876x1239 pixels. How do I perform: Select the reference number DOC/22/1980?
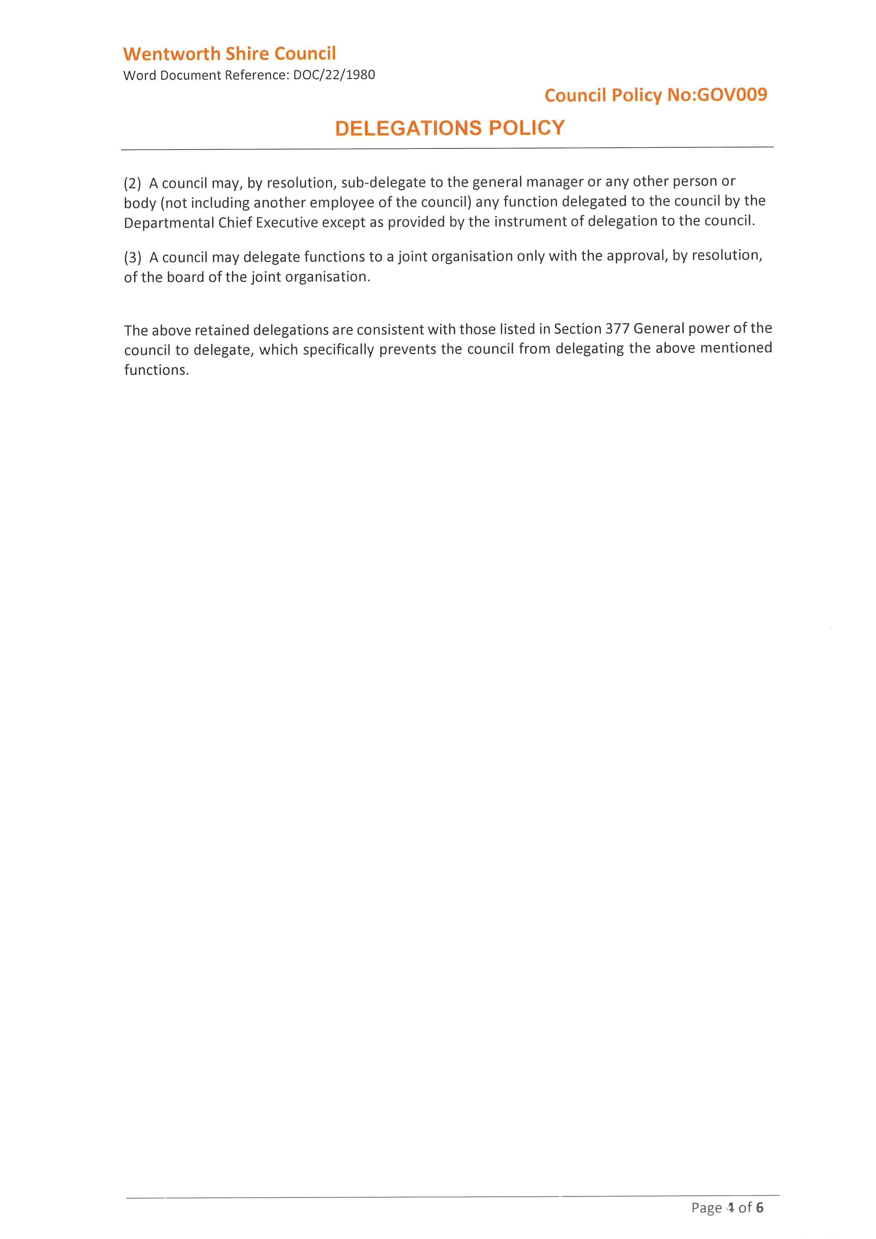[x=334, y=74]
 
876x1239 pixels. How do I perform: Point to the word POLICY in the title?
[x=527, y=128]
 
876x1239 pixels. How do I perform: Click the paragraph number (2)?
[x=132, y=184]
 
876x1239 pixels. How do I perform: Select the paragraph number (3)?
[x=132, y=257]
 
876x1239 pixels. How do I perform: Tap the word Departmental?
[x=169, y=222]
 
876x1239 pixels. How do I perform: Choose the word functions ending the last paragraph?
[x=156, y=370]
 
